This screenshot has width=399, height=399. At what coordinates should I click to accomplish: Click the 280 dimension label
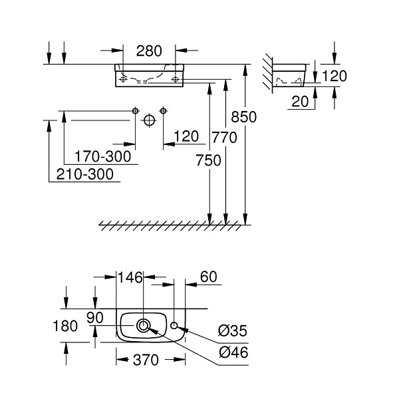pyautogui.click(x=149, y=51)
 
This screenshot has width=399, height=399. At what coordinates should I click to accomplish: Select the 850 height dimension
pyautogui.click(x=244, y=117)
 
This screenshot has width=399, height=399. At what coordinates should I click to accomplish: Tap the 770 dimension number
pyautogui.click(x=225, y=138)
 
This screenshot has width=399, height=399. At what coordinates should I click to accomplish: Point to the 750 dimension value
pyautogui.click(x=208, y=160)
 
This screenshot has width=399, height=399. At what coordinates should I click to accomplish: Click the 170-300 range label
pyautogui.click(x=103, y=156)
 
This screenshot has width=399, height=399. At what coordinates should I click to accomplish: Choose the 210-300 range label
pyautogui.click(x=84, y=174)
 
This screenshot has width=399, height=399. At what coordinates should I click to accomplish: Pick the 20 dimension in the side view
pyautogui.click(x=300, y=102)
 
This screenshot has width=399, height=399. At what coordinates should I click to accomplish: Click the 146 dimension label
pyautogui.click(x=130, y=277)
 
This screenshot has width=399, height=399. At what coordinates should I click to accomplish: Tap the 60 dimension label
pyautogui.click(x=209, y=277)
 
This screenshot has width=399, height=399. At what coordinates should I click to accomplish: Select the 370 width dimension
pyautogui.click(x=146, y=360)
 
